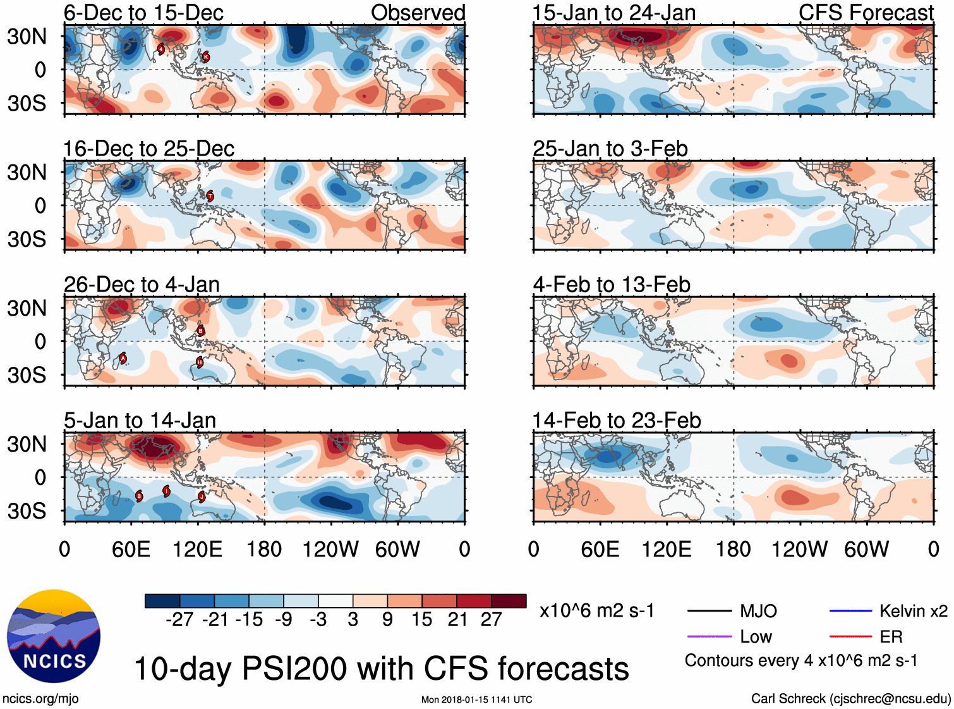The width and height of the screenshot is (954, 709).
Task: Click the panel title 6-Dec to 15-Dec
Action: pos(143,13)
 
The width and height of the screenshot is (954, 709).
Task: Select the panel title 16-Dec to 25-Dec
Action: pos(148,149)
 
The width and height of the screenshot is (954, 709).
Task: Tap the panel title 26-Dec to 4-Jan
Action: pos(142,285)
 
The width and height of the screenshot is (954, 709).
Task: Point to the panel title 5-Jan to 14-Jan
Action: pos(140,421)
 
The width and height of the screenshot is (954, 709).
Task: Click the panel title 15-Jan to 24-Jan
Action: pos(613,13)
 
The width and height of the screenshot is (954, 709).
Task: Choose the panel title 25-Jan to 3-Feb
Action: pos(610,149)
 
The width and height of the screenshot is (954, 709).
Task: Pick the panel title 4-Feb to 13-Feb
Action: pos(611,285)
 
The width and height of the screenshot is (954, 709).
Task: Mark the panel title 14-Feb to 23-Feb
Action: pos(616,421)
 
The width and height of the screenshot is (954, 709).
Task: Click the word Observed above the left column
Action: pos(418,13)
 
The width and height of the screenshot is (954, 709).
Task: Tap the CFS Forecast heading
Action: pos(866,13)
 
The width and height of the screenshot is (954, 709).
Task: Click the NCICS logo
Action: pos(54,636)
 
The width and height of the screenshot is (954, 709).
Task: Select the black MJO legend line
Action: pos(709,611)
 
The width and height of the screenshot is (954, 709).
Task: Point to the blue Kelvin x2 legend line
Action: pos(850,611)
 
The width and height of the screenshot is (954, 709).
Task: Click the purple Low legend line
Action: pos(709,636)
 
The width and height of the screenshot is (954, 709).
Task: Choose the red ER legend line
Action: pos(850,636)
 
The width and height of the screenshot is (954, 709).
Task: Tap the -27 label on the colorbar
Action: pos(179,619)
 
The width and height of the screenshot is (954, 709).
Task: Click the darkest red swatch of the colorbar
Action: pos(509,601)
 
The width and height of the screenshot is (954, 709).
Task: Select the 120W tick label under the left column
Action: pos(330,549)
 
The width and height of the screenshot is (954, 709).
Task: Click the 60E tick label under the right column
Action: pos(600,549)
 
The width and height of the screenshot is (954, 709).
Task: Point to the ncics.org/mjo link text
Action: pos(40,698)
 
